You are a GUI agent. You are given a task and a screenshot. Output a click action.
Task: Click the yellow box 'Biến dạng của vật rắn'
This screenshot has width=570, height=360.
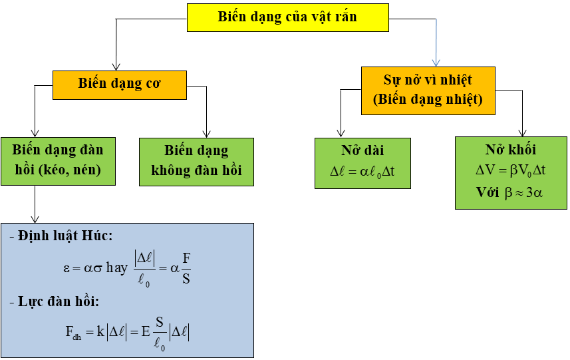287,17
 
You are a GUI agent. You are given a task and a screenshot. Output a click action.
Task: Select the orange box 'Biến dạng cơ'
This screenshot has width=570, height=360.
120,85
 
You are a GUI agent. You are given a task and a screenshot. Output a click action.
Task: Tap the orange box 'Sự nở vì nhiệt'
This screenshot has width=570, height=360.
428,81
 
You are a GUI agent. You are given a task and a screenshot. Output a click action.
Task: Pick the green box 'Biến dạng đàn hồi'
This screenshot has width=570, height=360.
58,160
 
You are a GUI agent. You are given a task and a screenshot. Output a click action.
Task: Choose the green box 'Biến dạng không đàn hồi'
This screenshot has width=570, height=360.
197,160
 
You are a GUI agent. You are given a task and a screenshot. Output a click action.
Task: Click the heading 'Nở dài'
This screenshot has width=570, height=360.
362,150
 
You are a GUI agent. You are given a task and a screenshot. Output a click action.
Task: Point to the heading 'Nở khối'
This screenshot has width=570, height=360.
511,150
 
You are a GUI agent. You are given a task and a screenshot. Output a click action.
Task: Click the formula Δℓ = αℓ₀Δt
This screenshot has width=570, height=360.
362,170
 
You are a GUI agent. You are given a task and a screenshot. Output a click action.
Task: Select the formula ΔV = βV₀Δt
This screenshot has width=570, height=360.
511,170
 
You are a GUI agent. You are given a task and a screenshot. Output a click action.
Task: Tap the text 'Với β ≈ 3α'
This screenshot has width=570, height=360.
511,193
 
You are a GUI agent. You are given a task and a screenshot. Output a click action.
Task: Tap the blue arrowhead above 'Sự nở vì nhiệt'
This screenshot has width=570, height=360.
436,63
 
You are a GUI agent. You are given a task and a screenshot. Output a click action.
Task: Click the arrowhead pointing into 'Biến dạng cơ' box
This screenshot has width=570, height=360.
116,67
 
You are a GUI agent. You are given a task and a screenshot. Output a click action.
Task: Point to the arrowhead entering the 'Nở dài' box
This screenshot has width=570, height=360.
341,134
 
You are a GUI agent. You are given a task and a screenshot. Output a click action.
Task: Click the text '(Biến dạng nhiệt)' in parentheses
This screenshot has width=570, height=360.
428,99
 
